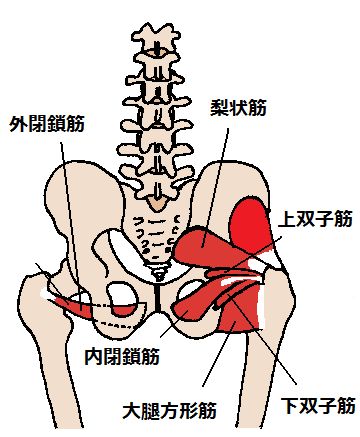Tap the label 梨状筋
(240, 102)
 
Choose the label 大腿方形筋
(172, 408)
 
